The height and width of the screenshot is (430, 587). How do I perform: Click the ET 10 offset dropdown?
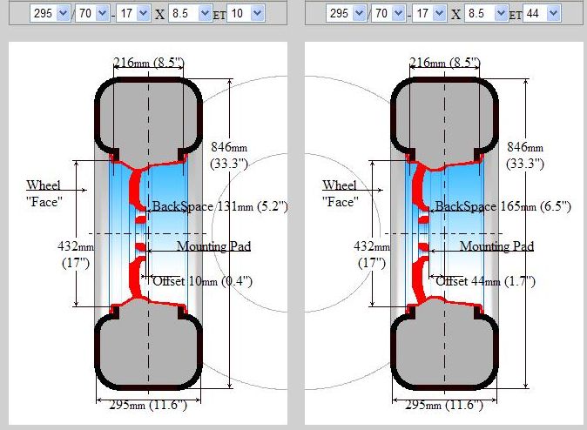coord(246,13)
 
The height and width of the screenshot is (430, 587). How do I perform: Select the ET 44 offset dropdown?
coord(542,13)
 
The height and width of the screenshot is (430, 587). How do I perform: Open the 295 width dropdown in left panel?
coord(50,13)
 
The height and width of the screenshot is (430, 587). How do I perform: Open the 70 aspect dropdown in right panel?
coord(388,13)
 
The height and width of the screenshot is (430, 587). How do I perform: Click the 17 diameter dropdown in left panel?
coord(133,13)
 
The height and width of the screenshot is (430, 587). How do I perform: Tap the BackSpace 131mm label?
coord(219,206)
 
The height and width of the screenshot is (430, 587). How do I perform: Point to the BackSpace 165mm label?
coord(503,206)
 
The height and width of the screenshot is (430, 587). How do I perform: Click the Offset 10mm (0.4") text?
coord(203,281)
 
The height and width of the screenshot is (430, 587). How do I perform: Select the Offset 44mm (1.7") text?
coord(486,281)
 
